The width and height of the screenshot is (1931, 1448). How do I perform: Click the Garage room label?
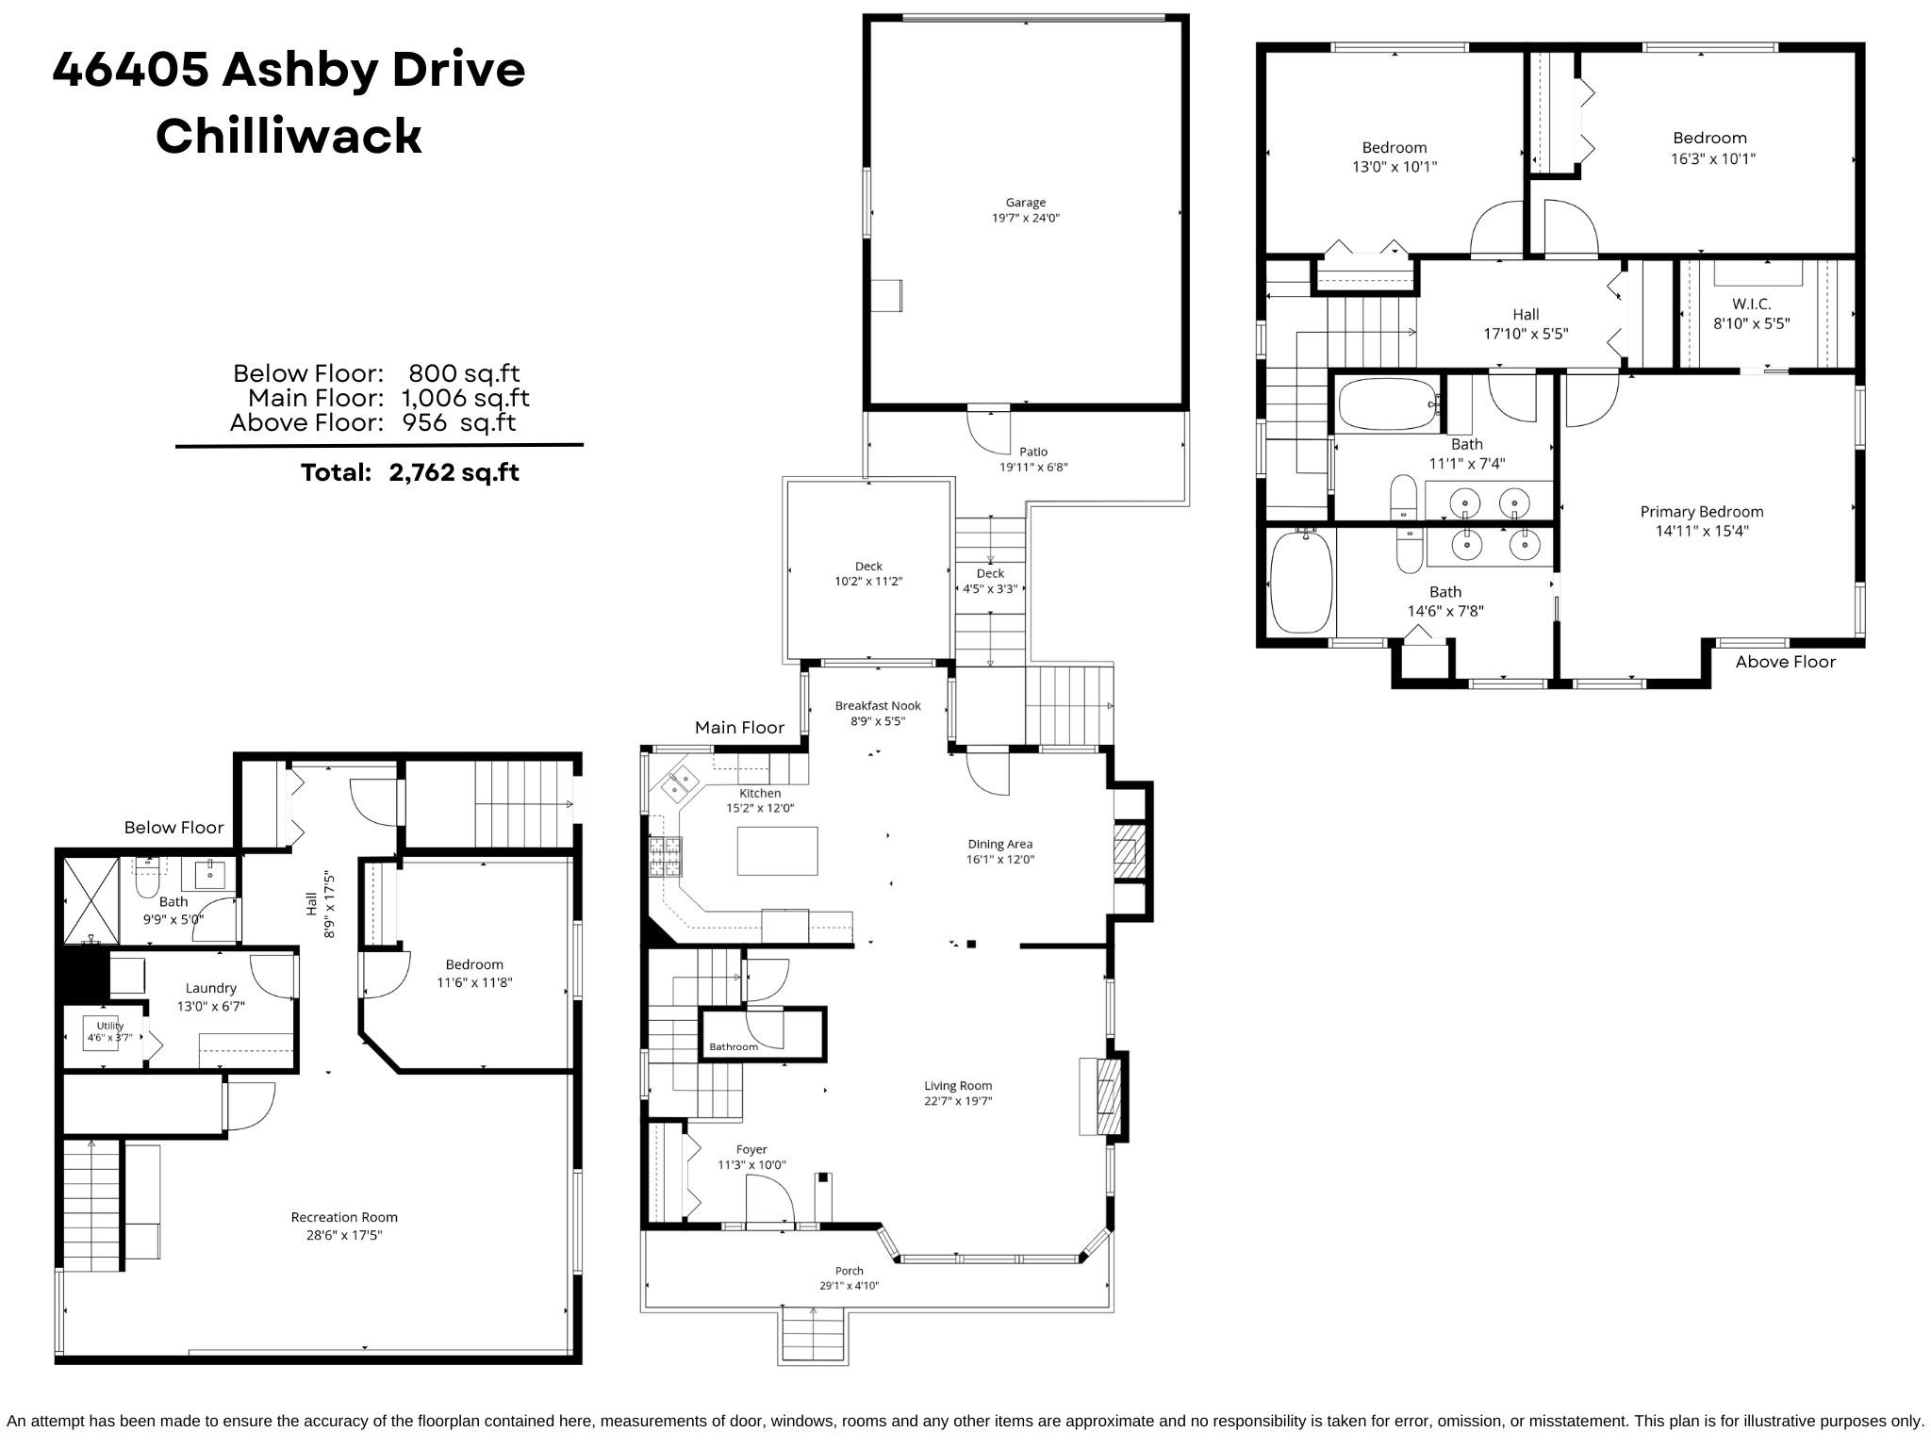[x=1025, y=202]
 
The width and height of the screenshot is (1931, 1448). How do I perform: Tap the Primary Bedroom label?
[x=1701, y=512]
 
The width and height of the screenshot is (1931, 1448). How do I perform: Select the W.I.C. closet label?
[x=1751, y=304]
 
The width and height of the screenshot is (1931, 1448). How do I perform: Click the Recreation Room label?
[x=344, y=1217]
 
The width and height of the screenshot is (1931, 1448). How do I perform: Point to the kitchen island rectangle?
[x=777, y=850]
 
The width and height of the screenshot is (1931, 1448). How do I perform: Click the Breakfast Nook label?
[x=878, y=705]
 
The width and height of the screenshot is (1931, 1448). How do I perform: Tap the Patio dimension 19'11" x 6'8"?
[x=1033, y=467]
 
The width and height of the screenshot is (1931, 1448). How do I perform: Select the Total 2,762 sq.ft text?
[x=409, y=472]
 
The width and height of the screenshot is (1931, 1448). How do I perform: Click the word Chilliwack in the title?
[x=289, y=136]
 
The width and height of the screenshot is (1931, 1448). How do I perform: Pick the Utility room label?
[x=110, y=1026]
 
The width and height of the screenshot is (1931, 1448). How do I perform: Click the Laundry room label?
[x=210, y=988]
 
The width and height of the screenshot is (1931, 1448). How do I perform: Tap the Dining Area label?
[x=999, y=844]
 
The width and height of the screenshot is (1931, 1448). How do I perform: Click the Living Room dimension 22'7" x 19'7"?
[x=958, y=1101]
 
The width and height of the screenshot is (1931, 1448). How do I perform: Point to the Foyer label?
[x=751, y=1149]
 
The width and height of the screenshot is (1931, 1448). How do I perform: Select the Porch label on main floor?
[x=849, y=1271]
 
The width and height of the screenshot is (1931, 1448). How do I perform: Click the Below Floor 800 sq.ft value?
[x=464, y=373]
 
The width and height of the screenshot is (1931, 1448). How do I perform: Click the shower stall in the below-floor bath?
[x=91, y=900]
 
